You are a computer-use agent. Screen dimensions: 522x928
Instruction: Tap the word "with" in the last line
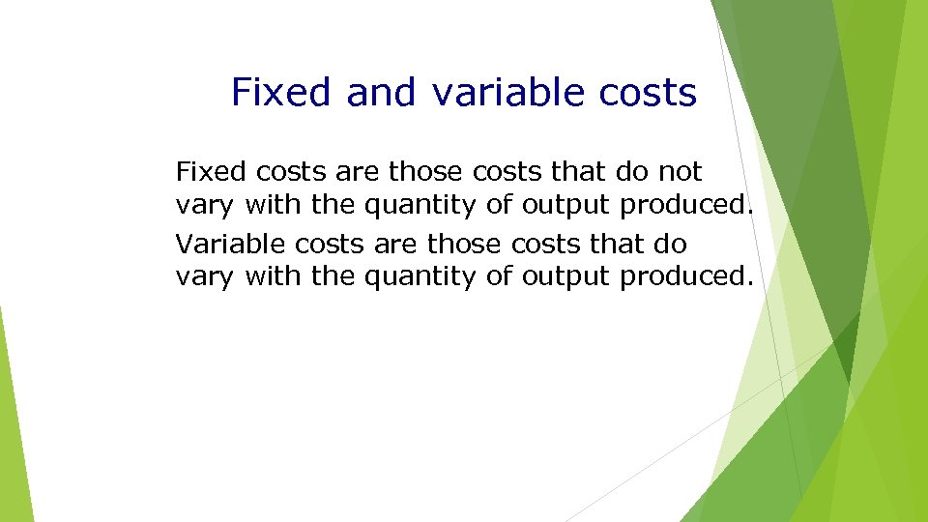(x=274, y=277)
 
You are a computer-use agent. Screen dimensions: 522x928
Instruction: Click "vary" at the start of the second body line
(x=205, y=206)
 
